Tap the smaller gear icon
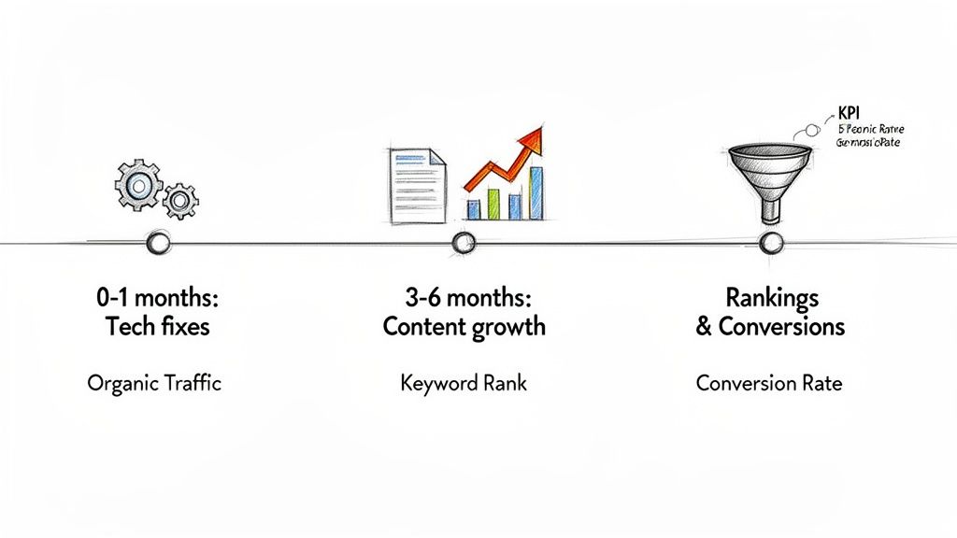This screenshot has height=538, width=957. point(179,200)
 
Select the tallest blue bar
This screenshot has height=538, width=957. point(536,192)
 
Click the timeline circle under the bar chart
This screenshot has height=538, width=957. point(464,244)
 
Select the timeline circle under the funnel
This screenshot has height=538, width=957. point(770,244)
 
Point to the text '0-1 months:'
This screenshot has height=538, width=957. point(156,299)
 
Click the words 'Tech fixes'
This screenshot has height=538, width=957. point(156,327)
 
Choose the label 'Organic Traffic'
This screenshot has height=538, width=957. point(154,383)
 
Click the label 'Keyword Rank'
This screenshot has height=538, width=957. point(463,383)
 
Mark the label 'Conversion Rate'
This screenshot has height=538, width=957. point(769,383)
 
